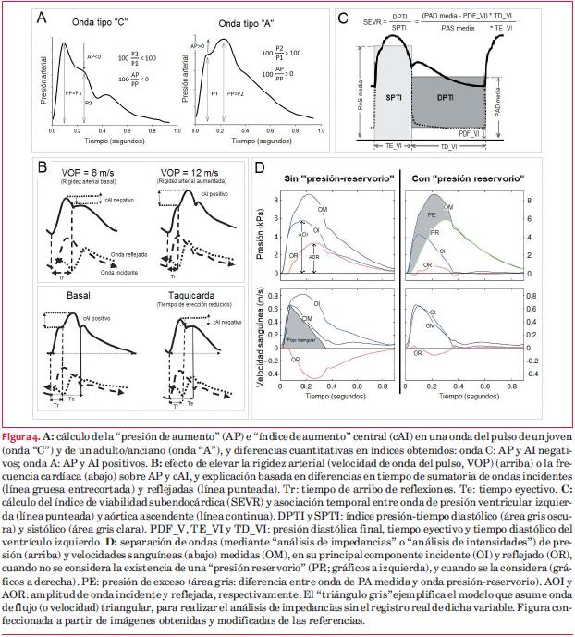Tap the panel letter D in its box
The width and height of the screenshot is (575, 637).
(x=262, y=170)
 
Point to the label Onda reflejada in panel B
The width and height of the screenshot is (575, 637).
(x=130, y=251)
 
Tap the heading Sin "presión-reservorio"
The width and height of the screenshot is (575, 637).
(x=331, y=175)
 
